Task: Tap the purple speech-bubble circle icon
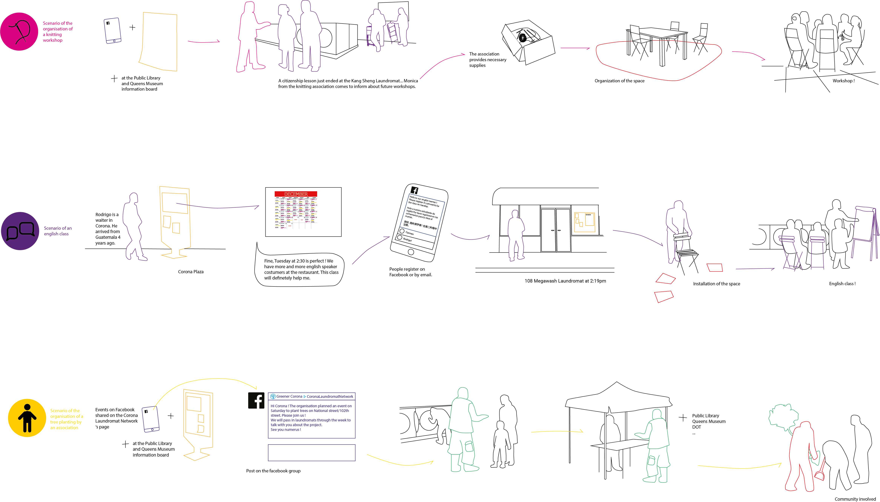[20, 231]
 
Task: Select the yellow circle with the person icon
[27, 418]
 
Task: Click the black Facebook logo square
[256, 401]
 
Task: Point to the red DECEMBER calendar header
[296, 194]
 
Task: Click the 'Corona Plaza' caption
[190, 272]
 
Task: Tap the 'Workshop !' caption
[843, 81]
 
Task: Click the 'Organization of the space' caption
[619, 81]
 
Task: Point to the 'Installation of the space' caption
[716, 284]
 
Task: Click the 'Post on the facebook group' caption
[273, 471]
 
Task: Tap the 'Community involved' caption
[855, 499]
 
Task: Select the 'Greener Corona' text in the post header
[289, 397]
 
